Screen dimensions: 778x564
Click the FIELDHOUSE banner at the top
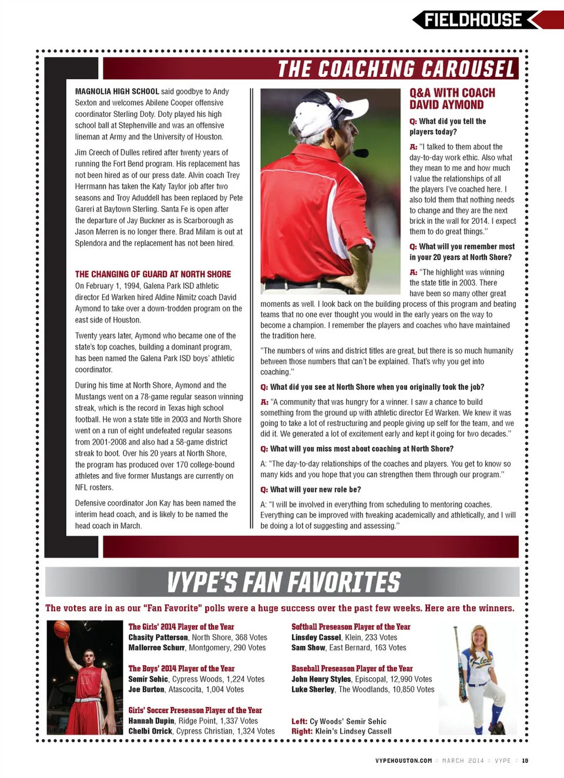(x=473, y=20)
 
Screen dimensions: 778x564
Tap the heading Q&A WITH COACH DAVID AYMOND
(x=452, y=99)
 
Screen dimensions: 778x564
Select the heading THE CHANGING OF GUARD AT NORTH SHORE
(x=153, y=274)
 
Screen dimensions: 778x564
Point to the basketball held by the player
(x=62, y=630)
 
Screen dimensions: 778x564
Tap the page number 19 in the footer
(x=525, y=760)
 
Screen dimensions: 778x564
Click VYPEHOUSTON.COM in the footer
(x=404, y=760)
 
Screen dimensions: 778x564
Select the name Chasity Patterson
(x=158, y=638)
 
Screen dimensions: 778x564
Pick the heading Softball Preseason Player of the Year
(x=351, y=627)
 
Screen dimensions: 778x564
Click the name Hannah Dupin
(x=152, y=721)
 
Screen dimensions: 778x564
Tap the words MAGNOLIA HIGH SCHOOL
(x=117, y=92)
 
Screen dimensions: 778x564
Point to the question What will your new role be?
(x=315, y=489)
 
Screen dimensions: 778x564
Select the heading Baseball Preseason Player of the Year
(x=352, y=669)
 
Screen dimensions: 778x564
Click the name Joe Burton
(x=146, y=690)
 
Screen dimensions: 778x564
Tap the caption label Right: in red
(x=302, y=732)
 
